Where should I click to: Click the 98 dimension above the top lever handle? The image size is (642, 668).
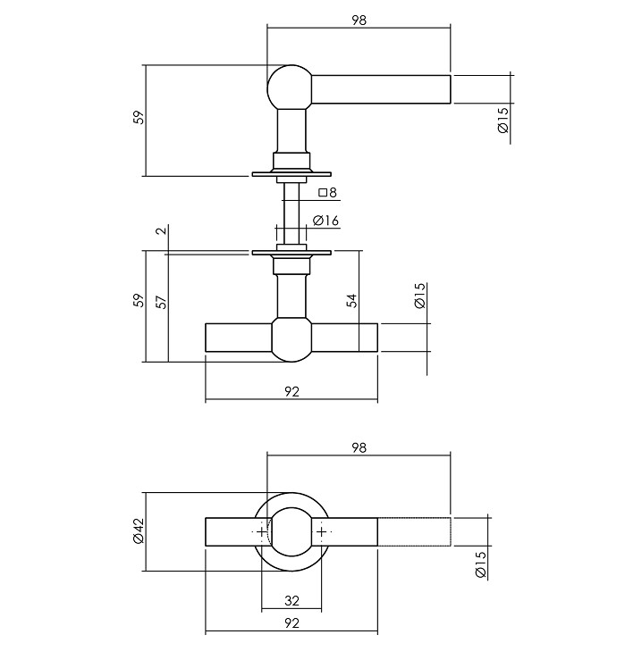pyautogui.click(x=359, y=19)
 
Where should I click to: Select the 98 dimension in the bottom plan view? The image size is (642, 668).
pyautogui.click(x=359, y=447)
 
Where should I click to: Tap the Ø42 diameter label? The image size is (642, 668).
pyautogui.click(x=139, y=532)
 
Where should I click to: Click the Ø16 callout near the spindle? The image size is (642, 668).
pyautogui.click(x=326, y=221)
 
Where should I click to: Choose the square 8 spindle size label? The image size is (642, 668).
pyautogui.click(x=327, y=193)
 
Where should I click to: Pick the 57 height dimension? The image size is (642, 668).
pyautogui.click(x=161, y=303)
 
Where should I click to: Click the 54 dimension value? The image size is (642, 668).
pyautogui.click(x=352, y=301)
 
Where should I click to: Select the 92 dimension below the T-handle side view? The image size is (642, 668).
pyautogui.click(x=291, y=391)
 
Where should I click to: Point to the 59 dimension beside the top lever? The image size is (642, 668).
pyautogui.click(x=138, y=118)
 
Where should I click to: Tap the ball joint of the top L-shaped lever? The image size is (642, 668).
pyautogui.click(x=291, y=88)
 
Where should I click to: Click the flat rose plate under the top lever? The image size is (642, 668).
pyautogui.click(x=291, y=172)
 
